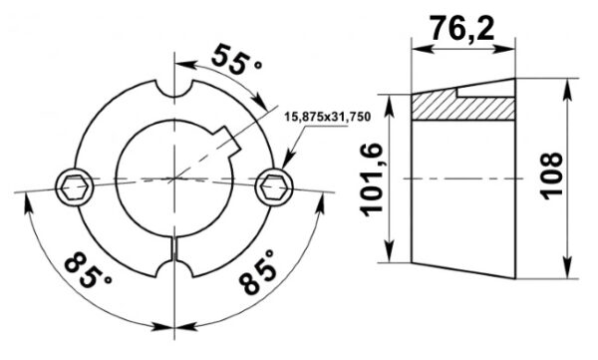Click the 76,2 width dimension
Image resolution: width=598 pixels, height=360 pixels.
(462, 28)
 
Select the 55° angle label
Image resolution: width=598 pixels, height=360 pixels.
(236, 60)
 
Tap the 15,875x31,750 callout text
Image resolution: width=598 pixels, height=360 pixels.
(328, 117)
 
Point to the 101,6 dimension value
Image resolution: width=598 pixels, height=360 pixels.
(371, 180)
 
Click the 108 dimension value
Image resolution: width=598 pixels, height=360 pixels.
(551, 176)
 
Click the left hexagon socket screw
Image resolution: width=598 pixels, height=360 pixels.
(75, 186)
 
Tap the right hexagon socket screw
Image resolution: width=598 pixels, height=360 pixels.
(274, 186)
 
